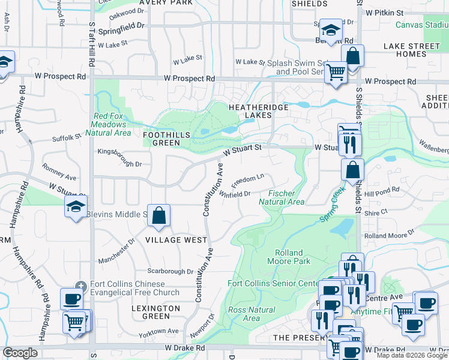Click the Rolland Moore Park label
(288, 257)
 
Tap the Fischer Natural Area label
(286, 197)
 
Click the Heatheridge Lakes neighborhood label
(259, 112)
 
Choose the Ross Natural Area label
(252, 314)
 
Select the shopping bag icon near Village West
(158, 216)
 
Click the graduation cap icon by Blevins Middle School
(76, 207)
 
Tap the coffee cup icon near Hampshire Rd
(72, 299)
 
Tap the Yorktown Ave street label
(158, 331)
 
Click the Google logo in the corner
(20, 353)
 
